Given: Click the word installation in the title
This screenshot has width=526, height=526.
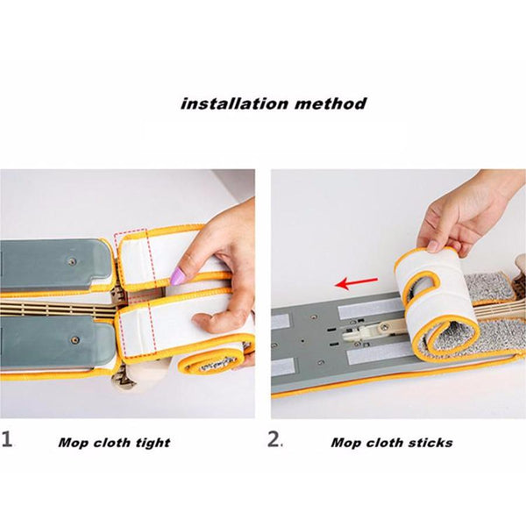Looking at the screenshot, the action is point(234,103).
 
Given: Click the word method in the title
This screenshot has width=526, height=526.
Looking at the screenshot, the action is point(331,103).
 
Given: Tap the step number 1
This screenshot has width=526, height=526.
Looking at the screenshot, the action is point(7,439).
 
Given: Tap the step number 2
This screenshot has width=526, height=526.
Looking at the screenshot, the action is point(274,439).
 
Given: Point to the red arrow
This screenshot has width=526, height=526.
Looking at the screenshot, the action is point(356,283).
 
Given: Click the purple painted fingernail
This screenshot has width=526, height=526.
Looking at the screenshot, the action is point(177,276).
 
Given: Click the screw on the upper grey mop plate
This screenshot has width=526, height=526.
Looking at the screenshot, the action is point(72,261).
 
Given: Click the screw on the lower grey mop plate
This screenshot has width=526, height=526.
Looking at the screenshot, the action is point(75,340).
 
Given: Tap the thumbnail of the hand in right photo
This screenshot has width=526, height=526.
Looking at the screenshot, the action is point(436,247).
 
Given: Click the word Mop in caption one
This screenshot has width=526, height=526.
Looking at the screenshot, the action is point(73,443).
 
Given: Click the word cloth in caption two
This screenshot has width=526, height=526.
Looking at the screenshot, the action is point(384,443).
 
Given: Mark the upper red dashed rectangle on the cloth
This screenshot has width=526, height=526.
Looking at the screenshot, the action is point(135,259).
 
